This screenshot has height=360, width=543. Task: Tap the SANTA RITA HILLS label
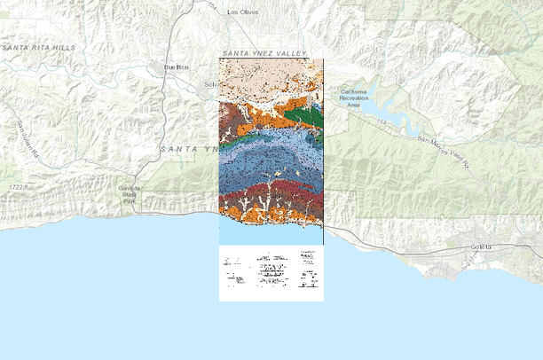(x=38, y=46)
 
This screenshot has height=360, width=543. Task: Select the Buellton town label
(x=177, y=67)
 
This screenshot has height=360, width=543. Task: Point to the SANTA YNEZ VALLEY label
(x=264, y=54)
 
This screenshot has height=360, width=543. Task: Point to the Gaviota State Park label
(x=130, y=196)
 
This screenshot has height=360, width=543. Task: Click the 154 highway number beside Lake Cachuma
(x=382, y=121)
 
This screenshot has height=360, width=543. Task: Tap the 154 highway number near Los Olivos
(x=212, y=7)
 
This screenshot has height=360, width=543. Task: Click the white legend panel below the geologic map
(x=271, y=273)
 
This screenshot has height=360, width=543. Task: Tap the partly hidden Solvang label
(x=210, y=85)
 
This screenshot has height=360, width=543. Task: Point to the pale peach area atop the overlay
(x=266, y=78)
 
